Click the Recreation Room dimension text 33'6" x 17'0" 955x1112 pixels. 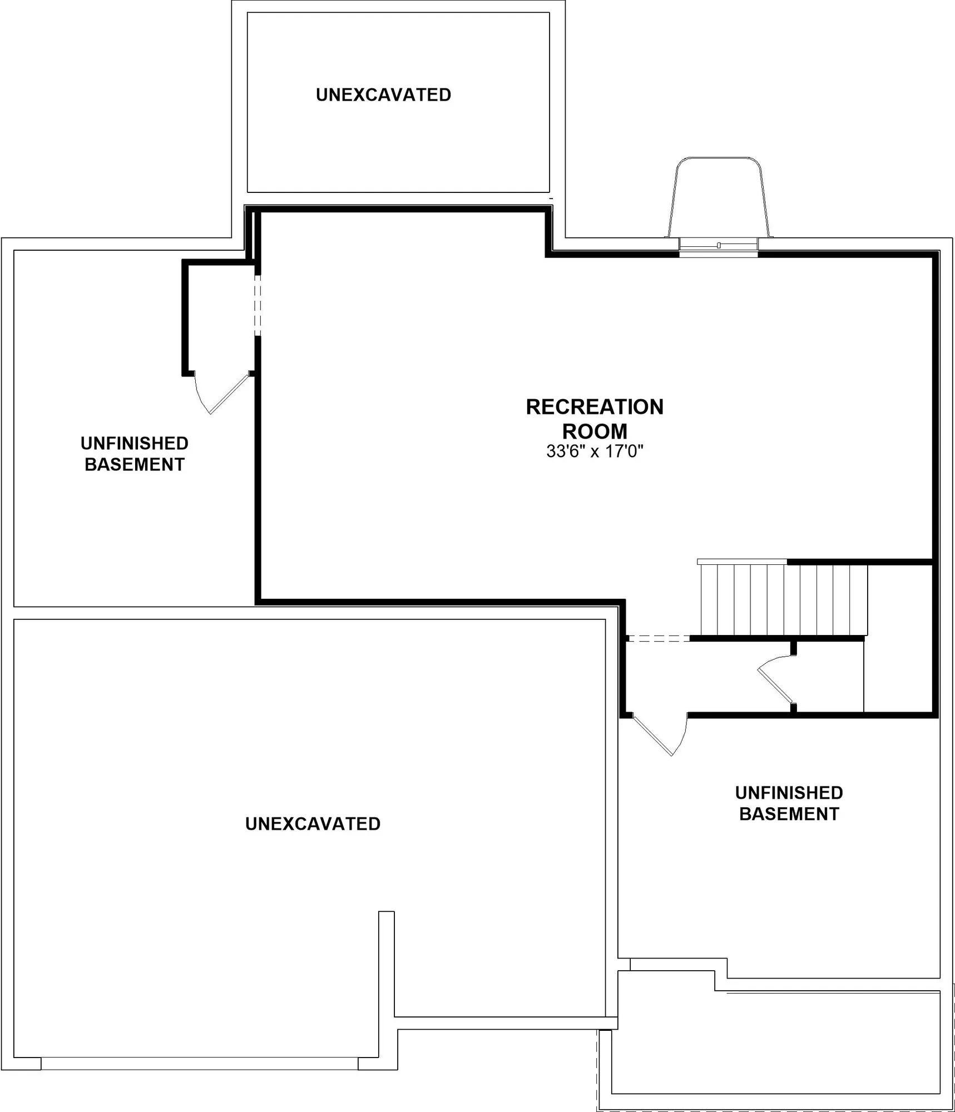coord(595,451)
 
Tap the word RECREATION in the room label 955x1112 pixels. coord(595,407)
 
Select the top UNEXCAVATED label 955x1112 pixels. coord(383,95)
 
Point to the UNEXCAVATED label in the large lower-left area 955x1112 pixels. coord(313,824)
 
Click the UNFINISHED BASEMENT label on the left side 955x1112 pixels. coord(135,454)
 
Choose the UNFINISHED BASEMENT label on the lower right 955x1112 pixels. coord(789,803)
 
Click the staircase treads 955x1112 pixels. coord(784,599)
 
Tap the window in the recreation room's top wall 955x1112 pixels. coord(719,247)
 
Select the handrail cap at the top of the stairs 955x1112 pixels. coord(742,562)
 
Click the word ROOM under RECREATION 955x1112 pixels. coord(595,431)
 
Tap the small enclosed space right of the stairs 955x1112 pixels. coord(899,638)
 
